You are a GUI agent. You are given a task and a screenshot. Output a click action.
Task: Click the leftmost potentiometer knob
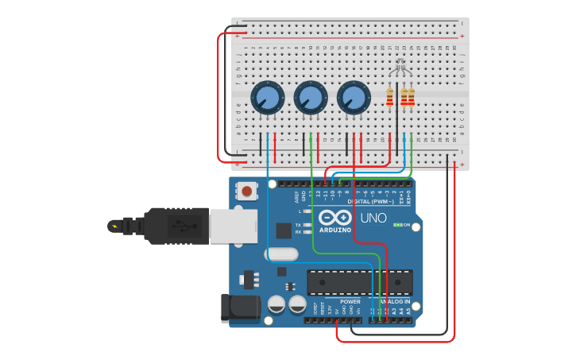coord(267,99)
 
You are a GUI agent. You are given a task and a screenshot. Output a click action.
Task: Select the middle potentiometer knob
coord(310,99)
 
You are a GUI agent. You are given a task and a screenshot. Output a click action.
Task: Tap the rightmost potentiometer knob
coord(354,99)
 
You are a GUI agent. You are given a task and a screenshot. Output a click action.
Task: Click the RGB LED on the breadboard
coord(400,68)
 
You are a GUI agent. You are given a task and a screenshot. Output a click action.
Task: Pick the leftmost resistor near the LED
coord(389,97)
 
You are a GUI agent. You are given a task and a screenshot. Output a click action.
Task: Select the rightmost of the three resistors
coord(412,97)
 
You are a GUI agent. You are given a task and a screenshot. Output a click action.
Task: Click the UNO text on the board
coord(373,218)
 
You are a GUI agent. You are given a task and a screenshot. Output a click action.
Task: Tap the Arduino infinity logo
coord(335,218)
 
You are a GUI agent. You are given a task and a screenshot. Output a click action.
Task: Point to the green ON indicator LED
coord(397,225)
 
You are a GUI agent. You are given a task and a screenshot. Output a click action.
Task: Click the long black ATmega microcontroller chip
coord(360,282)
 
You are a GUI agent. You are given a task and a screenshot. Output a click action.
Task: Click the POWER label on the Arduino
coord(350,302)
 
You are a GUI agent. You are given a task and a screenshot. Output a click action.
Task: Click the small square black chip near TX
coord(284,230)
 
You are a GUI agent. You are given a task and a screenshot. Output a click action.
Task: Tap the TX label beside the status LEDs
coord(298,225)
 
